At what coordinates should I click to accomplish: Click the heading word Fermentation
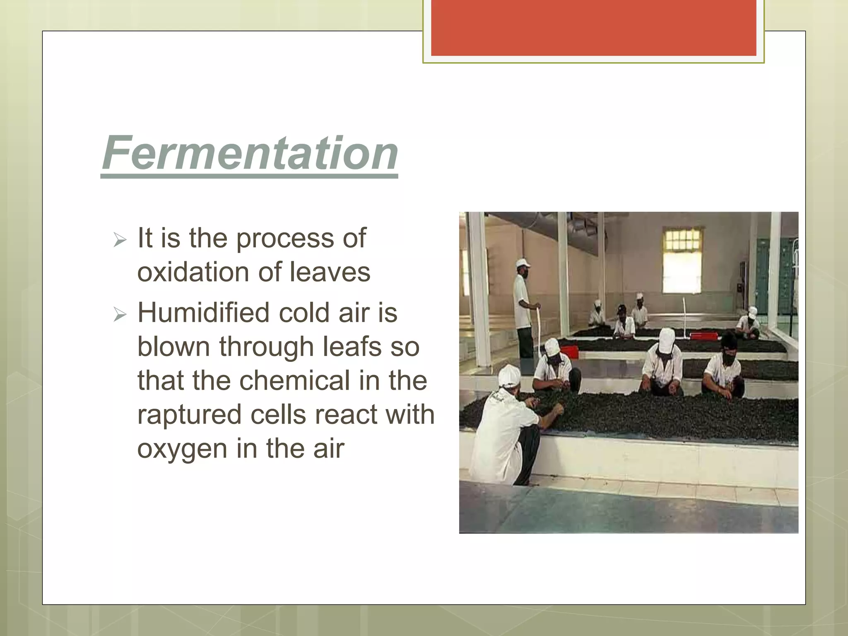[250, 153]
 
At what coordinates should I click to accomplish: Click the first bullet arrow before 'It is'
[120, 240]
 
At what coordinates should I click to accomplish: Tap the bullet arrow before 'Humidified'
[120, 315]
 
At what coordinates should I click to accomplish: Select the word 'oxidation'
[193, 272]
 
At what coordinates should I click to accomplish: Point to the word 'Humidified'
[204, 312]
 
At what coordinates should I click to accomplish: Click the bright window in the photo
[682, 260]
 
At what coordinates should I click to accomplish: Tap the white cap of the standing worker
[523, 263]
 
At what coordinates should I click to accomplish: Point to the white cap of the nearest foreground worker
[509, 375]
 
